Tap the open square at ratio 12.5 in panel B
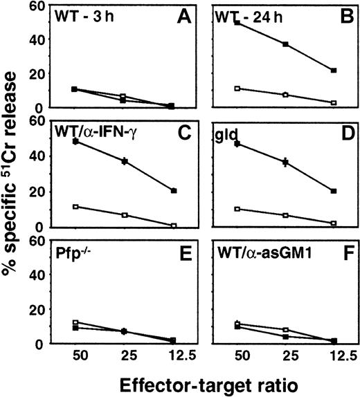point(334,102)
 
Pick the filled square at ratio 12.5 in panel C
point(174,191)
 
